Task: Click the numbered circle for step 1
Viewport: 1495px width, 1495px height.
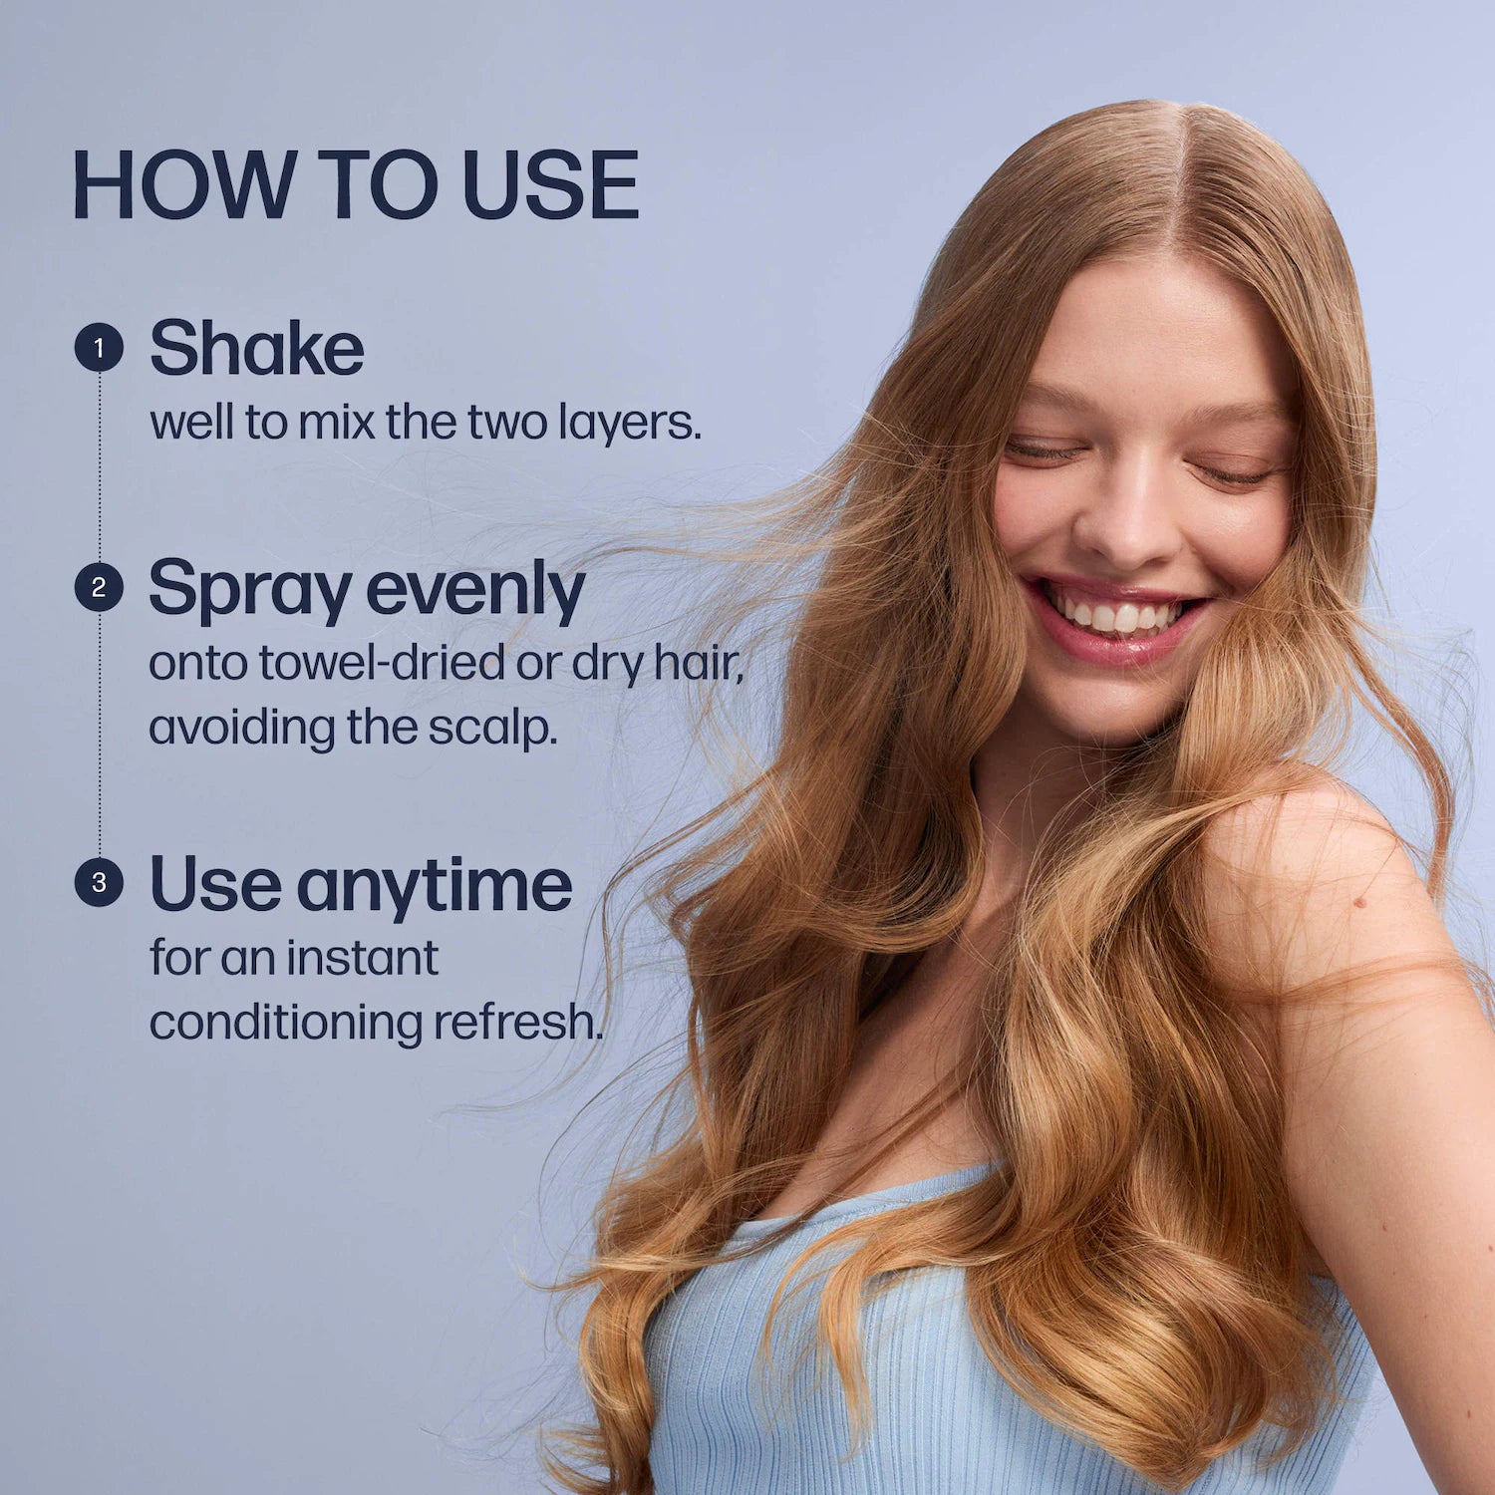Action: click(99, 348)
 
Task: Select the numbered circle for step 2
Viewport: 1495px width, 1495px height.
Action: click(99, 587)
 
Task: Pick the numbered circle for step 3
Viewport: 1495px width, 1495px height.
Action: click(99, 882)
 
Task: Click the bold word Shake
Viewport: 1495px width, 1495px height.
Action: click(257, 348)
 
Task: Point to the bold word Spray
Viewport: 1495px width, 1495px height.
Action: click(249, 591)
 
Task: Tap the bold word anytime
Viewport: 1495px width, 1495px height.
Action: click(435, 886)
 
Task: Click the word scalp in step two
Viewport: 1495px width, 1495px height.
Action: click(492, 729)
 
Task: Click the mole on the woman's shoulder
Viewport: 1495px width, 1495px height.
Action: click(1358, 902)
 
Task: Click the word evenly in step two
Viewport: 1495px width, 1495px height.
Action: click(475, 591)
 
